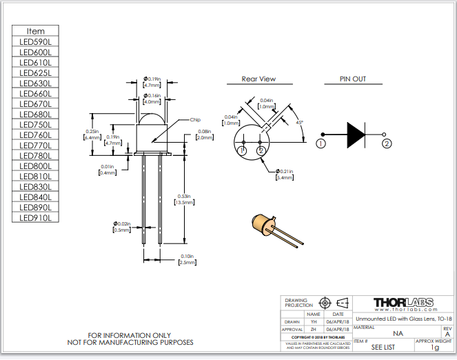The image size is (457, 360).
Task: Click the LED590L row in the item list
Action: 36,41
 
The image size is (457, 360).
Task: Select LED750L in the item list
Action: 36,124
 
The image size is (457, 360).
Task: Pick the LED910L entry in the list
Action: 36,217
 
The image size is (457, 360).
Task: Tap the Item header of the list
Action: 36,31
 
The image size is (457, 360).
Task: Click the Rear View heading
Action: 258,79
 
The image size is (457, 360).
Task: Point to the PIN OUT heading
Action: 353,79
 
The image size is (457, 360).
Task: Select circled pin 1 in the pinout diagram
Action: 321,143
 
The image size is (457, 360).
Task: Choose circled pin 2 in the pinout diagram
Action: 387,143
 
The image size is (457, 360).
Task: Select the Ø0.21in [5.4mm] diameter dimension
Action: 284,174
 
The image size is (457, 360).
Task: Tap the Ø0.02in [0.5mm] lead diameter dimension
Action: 122,226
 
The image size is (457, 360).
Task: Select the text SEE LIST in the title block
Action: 383,347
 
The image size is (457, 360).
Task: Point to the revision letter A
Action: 447,334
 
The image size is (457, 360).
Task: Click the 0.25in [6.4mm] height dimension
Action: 92,134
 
